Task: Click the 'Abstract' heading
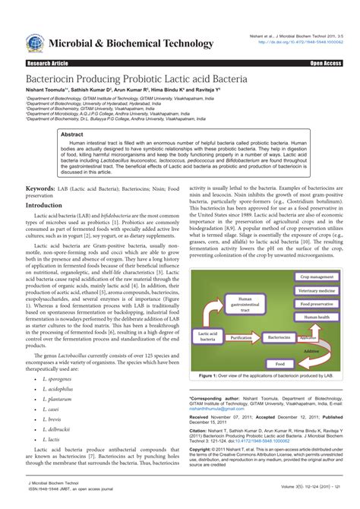[x=72, y=133]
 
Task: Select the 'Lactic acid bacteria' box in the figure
[x=210, y=335]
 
